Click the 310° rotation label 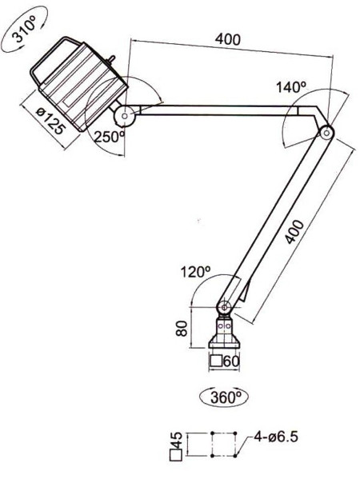coord(25,29)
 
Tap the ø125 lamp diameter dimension coord(50,121)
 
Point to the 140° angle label coord(290,87)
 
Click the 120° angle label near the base coord(195,272)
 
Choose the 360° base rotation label coord(226,397)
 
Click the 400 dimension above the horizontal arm coord(228,39)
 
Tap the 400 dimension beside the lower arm coord(295,232)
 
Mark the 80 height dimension coord(182,328)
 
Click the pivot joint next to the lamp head coord(125,116)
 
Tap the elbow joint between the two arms coord(326,133)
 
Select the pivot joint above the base coord(225,307)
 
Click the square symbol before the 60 coord(216,361)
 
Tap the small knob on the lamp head coord(111,58)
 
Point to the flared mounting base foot coord(224,341)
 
